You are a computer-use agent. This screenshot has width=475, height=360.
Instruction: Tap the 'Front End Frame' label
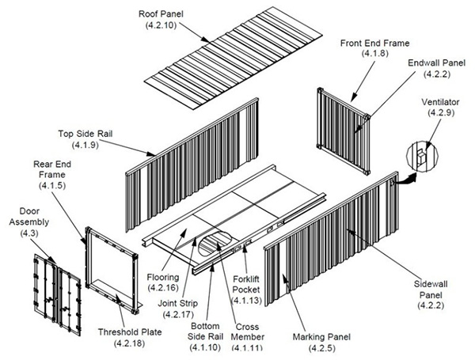375,44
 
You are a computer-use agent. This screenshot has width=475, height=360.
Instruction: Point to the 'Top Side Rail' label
84,134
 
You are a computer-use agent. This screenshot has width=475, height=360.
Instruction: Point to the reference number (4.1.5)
53,185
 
